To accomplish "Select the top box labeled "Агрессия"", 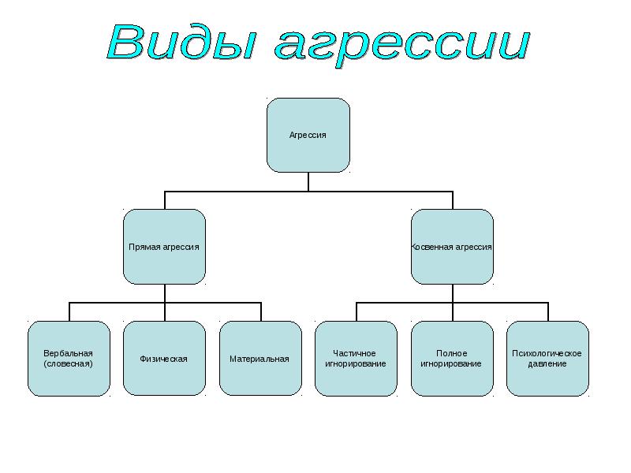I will pos(308,135).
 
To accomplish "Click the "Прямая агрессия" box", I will pos(164,247).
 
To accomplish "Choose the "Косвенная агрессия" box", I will pos(452,247).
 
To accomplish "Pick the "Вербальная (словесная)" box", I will pos(69,359).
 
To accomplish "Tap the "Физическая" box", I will pos(164,359).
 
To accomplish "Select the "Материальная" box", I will pos(259,359).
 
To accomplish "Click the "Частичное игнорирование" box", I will pos(356,359).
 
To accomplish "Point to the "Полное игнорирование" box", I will pos(452,359).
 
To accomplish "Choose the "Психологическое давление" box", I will pos(547,359).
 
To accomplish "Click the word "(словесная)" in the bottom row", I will pos(69,364).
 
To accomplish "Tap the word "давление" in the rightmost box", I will pos(547,364).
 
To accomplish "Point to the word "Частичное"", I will pos(355,353).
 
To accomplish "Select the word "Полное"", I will pos(452,353).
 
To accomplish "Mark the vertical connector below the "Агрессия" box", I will pos(308,181).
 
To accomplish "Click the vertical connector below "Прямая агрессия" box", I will pos(164,293).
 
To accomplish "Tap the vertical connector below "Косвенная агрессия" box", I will pos(452,293).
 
